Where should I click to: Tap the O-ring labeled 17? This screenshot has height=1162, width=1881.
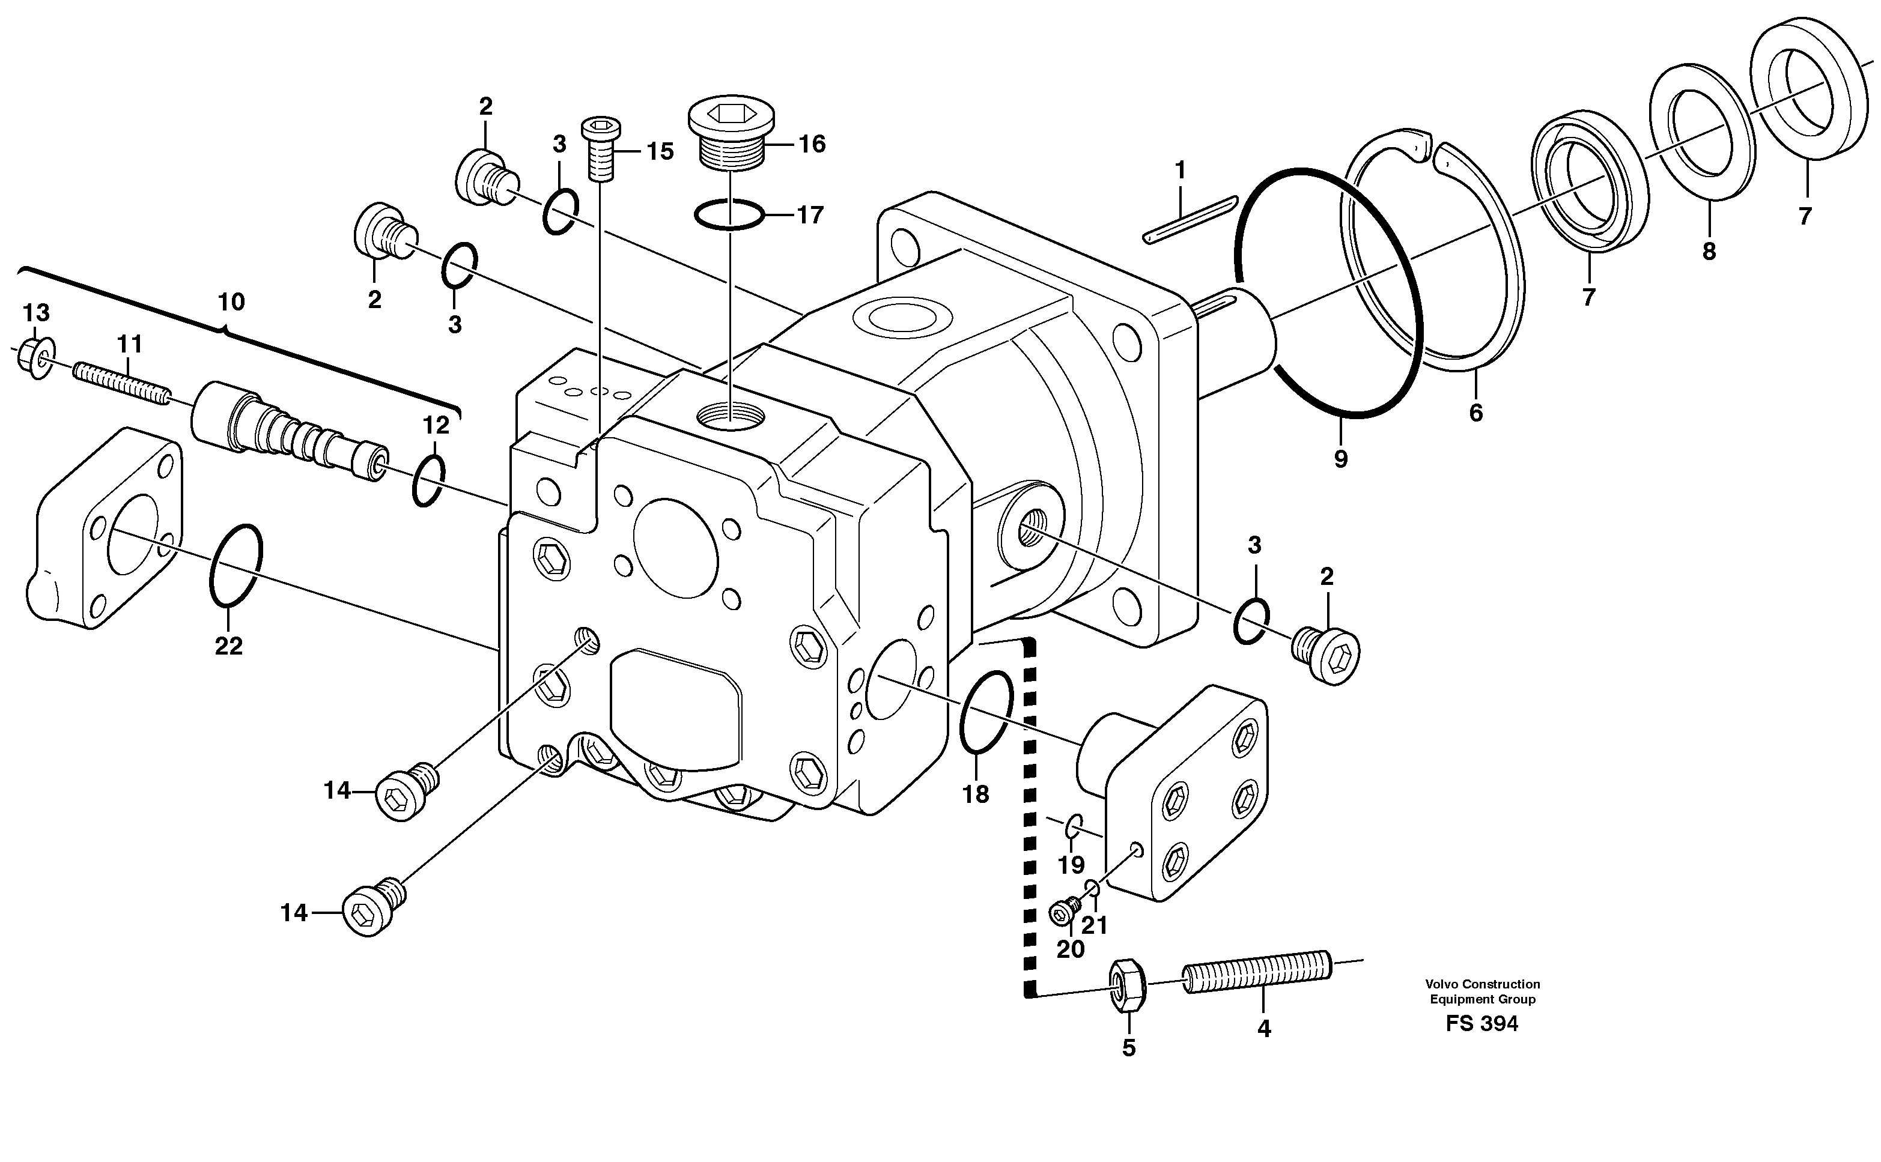[729, 214]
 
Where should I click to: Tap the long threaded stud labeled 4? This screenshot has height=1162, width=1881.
[1257, 972]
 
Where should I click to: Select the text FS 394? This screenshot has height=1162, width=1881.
[1481, 1024]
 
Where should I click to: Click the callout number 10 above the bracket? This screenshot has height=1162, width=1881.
[231, 301]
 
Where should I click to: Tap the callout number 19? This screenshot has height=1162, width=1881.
[1071, 865]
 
